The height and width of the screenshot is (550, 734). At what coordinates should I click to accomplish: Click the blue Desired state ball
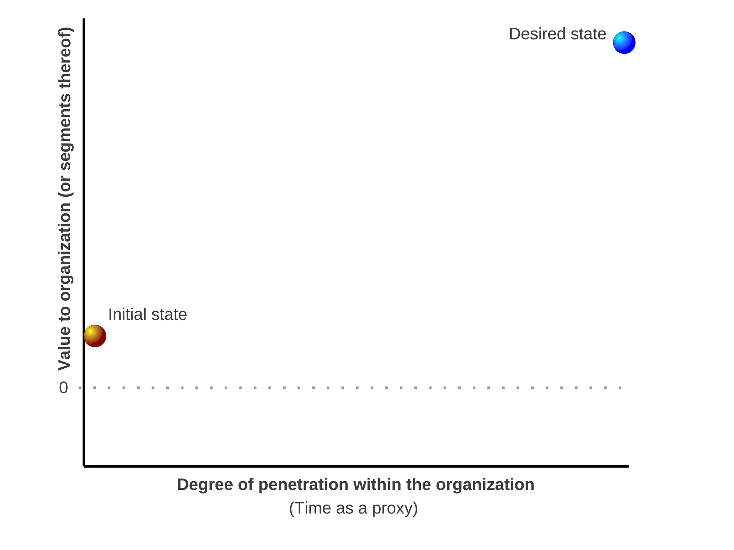click(624, 43)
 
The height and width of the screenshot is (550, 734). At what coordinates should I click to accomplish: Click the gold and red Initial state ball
click(95, 336)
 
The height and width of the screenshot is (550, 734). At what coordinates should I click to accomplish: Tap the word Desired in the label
click(533, 34)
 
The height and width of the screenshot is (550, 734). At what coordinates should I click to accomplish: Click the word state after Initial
click(169, 315)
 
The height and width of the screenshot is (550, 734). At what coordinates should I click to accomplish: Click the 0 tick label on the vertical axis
click(63, 388)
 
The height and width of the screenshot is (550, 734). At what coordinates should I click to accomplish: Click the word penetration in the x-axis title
click(303, 485)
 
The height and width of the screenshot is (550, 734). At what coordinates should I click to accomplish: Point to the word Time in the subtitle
click(313, 508)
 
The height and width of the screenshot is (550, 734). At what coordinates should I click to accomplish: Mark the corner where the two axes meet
click(84, 466)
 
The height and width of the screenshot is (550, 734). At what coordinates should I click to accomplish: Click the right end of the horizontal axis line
click(628, 466)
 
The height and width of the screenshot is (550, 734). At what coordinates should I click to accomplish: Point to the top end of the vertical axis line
click(84, 19)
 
